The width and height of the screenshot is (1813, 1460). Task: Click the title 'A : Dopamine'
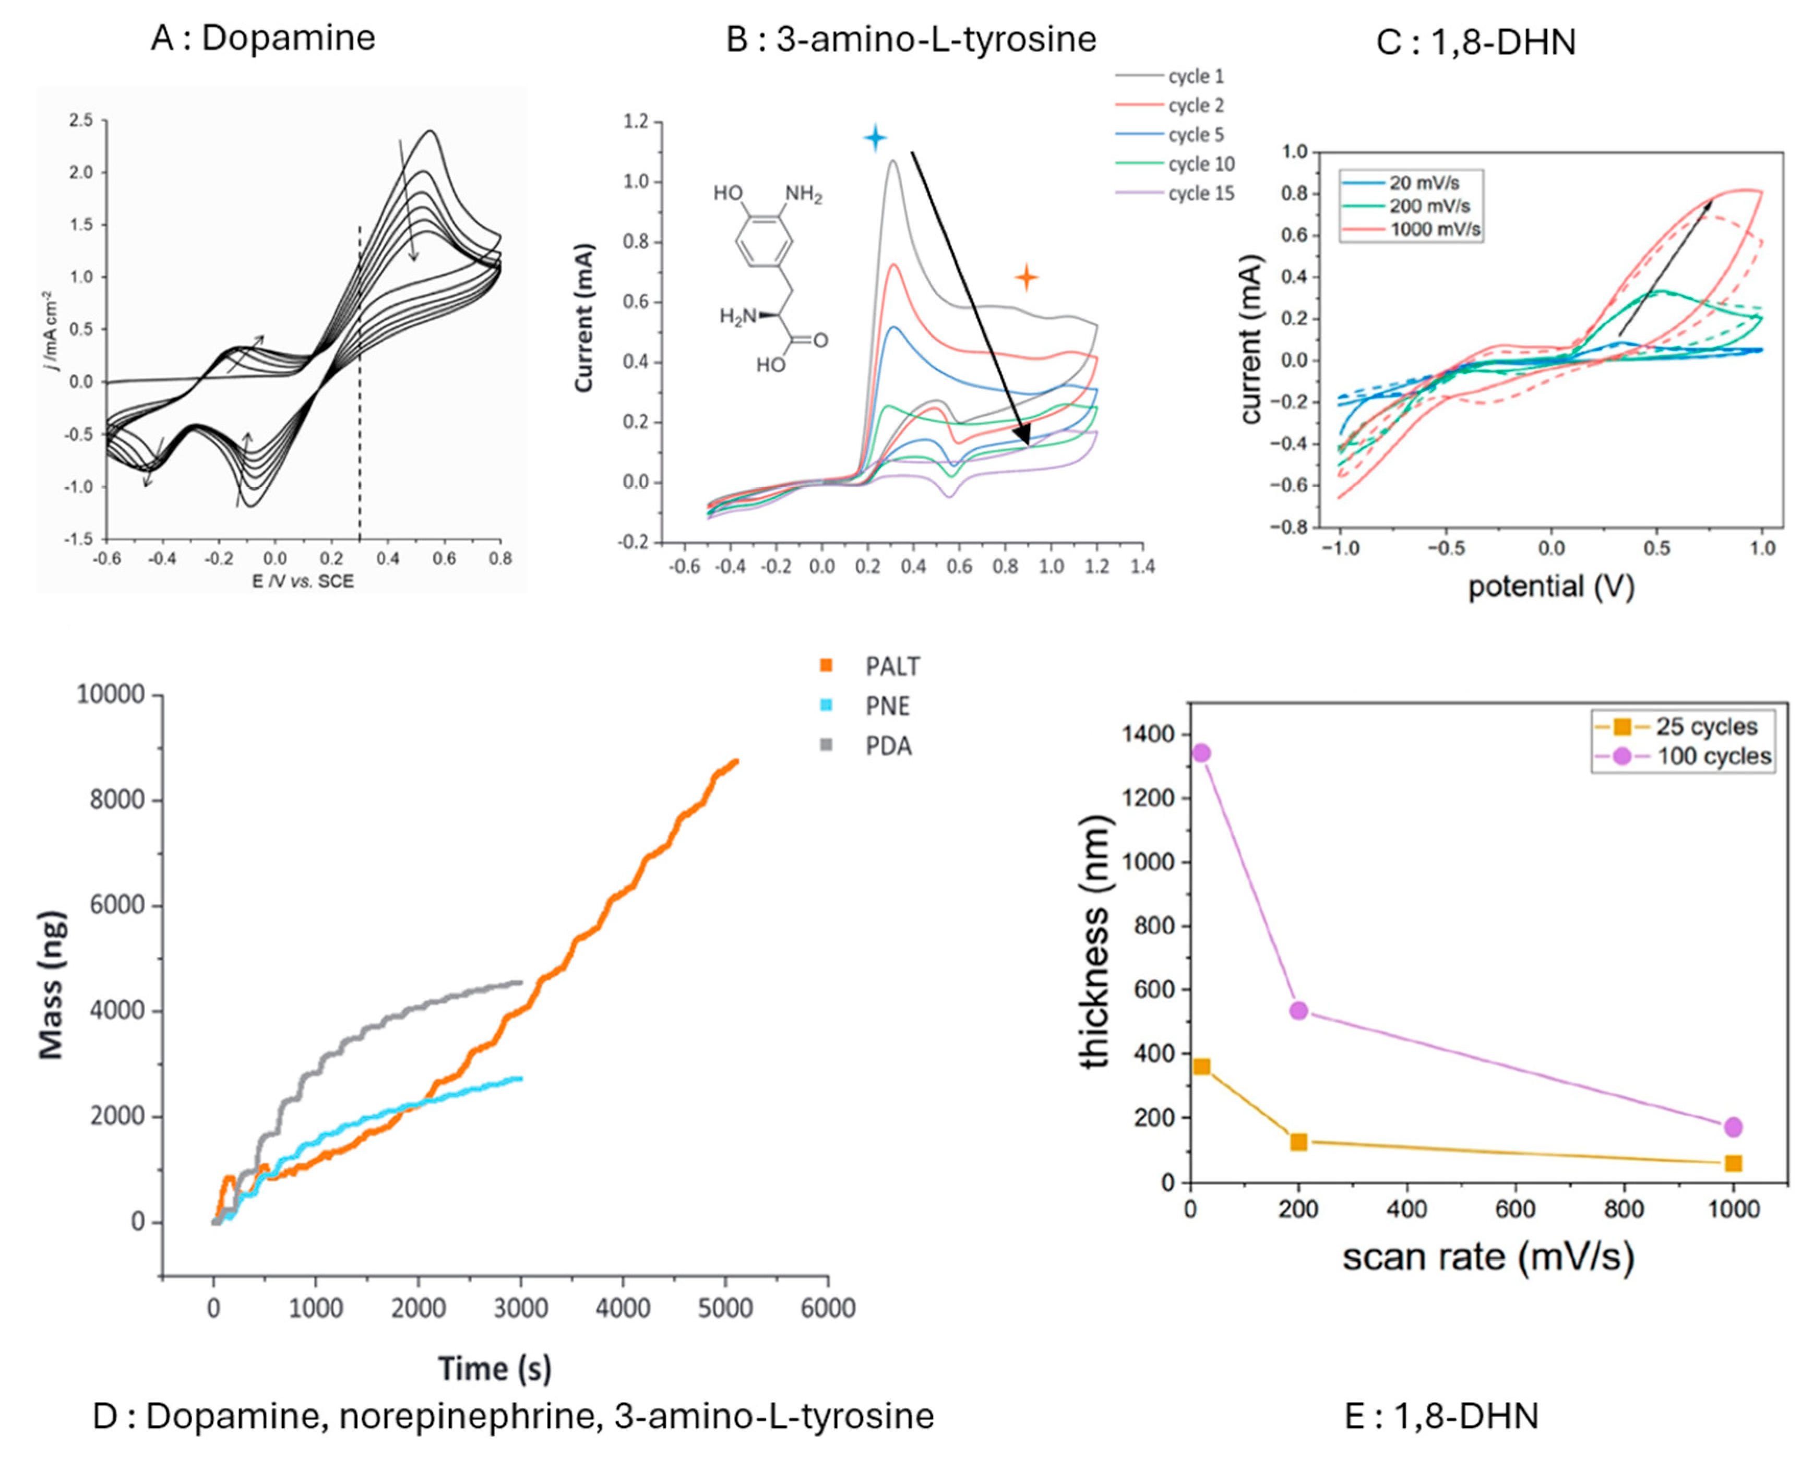pos(263,38)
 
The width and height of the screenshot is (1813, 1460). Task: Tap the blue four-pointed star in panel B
pos(875,137)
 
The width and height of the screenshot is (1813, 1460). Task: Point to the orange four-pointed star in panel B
pos(1026,277)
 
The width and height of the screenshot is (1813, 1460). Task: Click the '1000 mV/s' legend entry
pos(1435,229)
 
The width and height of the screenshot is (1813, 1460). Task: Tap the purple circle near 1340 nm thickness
pos(1202,753)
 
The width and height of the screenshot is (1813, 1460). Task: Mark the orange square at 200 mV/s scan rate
pos(1298,1142)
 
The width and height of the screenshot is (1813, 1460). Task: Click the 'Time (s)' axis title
pos(494,1368)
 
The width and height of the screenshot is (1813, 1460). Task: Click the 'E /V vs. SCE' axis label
pos(303,581)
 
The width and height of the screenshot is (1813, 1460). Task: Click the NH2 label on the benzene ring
pos(803,195)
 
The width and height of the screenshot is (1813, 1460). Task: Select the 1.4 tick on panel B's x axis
pos(1141,567)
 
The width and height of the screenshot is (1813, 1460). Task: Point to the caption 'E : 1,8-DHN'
pos(1441,1416)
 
